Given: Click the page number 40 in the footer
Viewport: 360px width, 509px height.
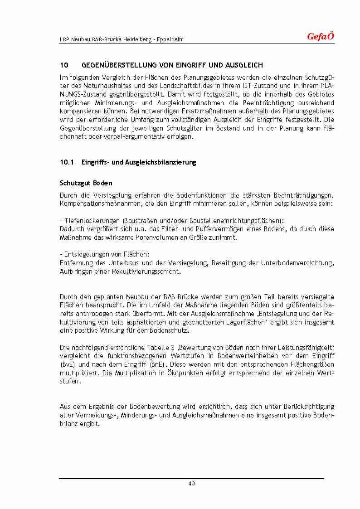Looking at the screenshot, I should tap(191, 484).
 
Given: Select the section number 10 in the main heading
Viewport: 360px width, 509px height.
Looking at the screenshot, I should tap(63, 66).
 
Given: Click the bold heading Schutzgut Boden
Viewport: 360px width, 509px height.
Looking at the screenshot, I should tap(86, 184).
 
